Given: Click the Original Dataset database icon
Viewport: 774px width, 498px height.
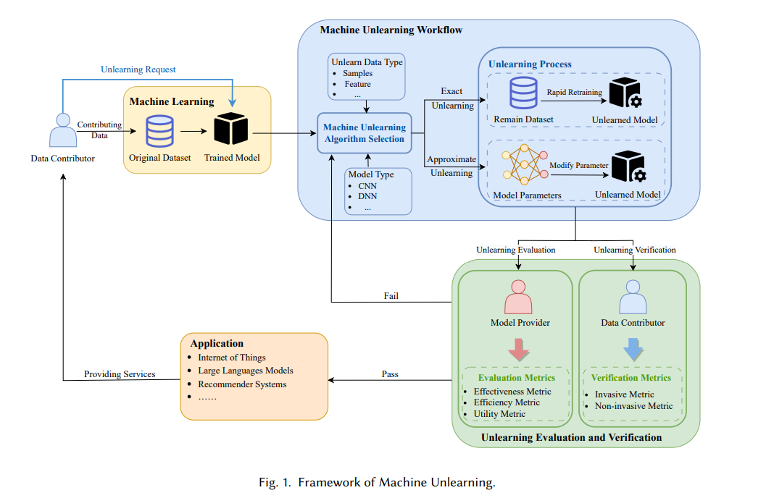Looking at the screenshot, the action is (160, 131).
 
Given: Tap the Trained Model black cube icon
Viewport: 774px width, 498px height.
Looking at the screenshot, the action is (231, 129).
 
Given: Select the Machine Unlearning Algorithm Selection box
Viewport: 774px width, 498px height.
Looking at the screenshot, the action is (365, 133).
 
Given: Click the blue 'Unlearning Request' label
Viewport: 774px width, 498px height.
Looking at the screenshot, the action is (138, 69).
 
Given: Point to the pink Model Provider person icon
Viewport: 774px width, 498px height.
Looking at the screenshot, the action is (518, 297).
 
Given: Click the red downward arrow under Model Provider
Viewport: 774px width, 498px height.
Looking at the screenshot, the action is (519, 350).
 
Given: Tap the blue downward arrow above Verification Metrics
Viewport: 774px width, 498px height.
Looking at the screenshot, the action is (633, 350).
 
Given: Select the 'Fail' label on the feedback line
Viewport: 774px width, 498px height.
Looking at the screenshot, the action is (391, 296).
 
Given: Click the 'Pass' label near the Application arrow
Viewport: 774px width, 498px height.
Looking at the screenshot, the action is (390, 374).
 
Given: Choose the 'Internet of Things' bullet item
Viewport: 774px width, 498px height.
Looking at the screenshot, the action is (231, 358).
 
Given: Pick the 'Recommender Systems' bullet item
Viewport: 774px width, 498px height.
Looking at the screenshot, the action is (242, 384).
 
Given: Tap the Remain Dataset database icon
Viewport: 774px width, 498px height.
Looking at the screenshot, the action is (523, 93).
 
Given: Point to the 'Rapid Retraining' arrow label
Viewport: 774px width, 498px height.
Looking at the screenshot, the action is (575, 92).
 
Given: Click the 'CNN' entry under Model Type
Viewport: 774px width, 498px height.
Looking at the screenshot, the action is (367, 186).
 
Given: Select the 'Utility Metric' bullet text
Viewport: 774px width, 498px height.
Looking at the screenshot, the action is (499, 414).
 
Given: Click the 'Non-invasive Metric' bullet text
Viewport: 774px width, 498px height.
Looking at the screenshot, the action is (634, 406).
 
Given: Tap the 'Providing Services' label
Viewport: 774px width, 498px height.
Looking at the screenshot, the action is (120, 374).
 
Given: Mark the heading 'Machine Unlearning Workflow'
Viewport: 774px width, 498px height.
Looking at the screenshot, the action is (391, 30).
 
